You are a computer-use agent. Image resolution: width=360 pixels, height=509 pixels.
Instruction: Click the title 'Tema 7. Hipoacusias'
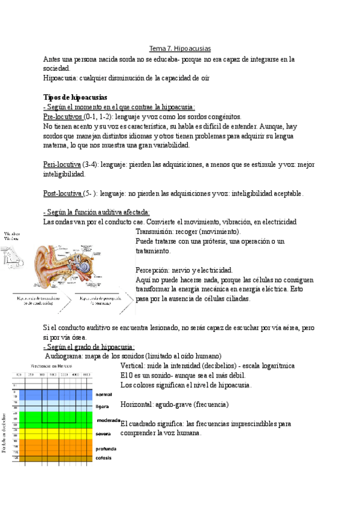(x=179, y=49)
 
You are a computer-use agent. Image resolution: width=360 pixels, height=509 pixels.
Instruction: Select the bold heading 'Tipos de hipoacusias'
(x=75, y=97)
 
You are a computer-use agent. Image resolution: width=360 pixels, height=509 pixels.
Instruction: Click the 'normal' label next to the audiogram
(x=104, y=394)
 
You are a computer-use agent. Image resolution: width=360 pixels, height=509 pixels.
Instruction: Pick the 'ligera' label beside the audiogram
(x=102, y=406)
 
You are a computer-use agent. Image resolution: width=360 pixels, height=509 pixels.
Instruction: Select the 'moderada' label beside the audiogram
(x=107, y=421)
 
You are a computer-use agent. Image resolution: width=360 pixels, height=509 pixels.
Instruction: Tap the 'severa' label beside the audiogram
(x=103, y=433)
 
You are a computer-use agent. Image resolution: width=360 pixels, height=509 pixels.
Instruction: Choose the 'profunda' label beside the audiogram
(x=106, y=448)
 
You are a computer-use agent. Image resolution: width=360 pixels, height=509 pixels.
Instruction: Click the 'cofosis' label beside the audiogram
(x=104, y=458)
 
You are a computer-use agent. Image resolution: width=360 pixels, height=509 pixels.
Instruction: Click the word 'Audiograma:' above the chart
(x=65, y=356)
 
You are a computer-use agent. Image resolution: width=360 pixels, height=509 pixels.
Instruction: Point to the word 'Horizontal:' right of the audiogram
(x=136, y=404)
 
